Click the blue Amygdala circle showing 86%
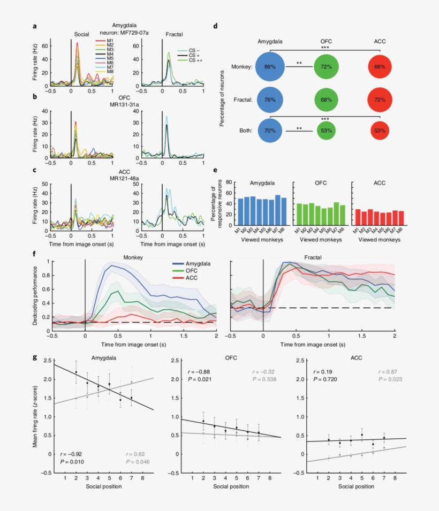(x=270, y=67)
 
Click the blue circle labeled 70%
(x=270, y=131)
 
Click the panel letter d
(x=215, y=26)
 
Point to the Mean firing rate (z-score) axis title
(x=35, y=414)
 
